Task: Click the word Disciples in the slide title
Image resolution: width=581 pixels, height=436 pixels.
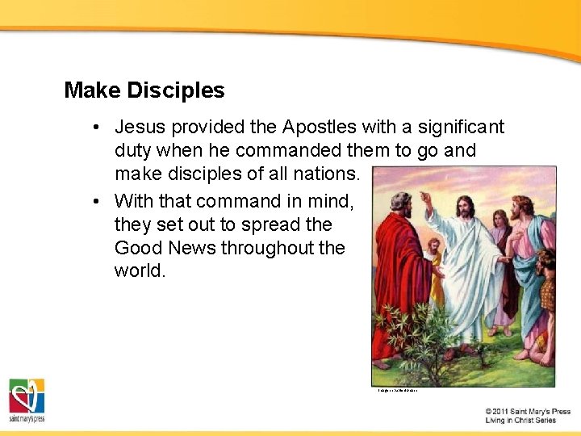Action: [177, 90]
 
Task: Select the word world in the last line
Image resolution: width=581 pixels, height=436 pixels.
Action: [140, 270]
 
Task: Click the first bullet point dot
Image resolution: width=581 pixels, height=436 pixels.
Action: [96, 128]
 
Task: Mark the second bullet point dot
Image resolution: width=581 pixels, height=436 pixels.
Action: [96, 200]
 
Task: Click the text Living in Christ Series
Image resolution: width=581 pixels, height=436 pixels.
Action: [520, 421]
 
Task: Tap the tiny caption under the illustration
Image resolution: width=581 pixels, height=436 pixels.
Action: [397, 392]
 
